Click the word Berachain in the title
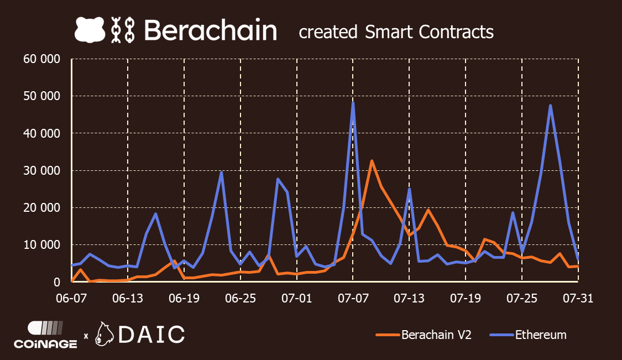pos(210,30)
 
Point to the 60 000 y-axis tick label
pos(41,59)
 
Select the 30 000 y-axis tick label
pos(41,170)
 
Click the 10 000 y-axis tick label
pos(41,245)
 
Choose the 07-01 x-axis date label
pos(297,298)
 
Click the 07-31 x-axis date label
pos(578,298)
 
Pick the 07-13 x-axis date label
pos(409,298)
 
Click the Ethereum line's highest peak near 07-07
pos(353,102)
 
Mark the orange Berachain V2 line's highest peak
pos(372,161)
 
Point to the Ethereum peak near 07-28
pos(550,106)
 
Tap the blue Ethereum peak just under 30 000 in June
pos(221,172)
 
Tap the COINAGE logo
pos(45,335)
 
